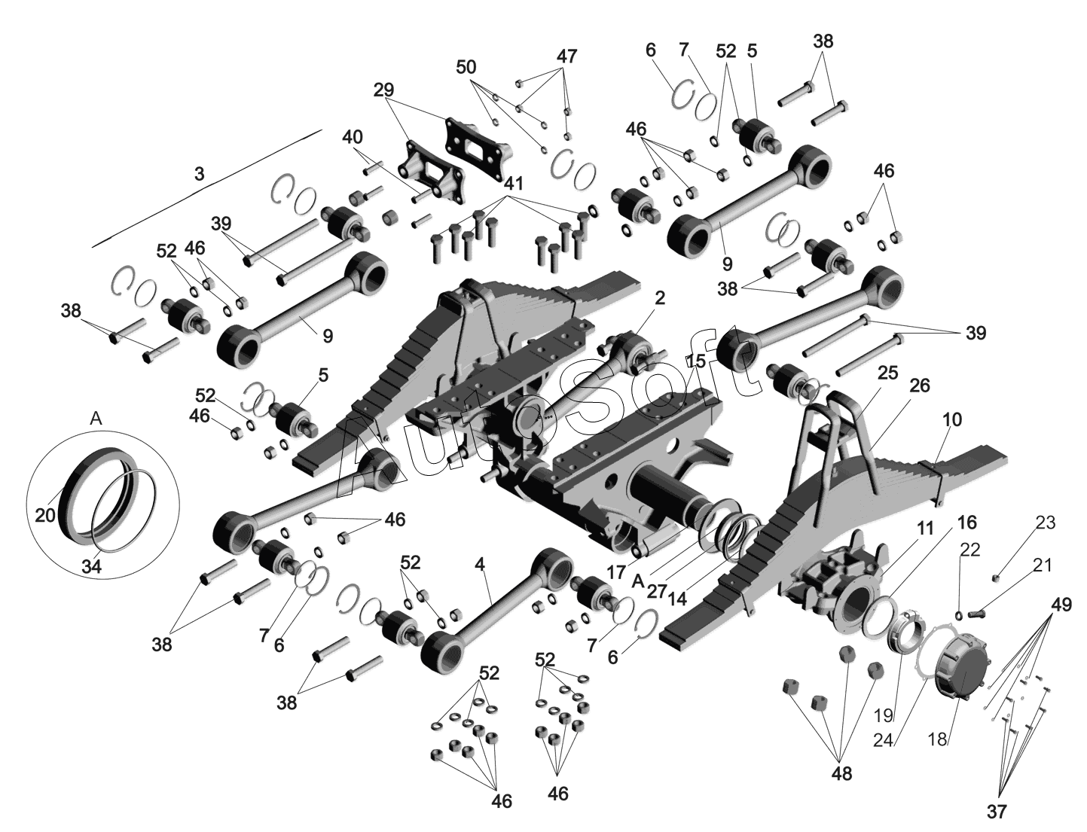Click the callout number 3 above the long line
tap(199, 174)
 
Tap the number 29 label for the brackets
tap(383, 90)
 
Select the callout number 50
tap(466, 67)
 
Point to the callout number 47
tap(566, 56)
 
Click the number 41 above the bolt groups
tap(514, 184)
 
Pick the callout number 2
tap(661, 298)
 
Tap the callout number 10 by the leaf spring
tap(952, 420)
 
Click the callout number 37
tap(997, 812)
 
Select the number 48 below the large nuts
tap(841, 774)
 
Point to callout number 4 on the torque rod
tap(480, 565)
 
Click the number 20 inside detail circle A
tap(45, 515)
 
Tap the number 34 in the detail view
tap(92, 566)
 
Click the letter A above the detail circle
tap(96, 419)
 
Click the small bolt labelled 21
tap(976, 612)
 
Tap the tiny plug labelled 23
tap(995, 578)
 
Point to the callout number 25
tap(888, 373)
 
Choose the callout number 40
tap(352, 137)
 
